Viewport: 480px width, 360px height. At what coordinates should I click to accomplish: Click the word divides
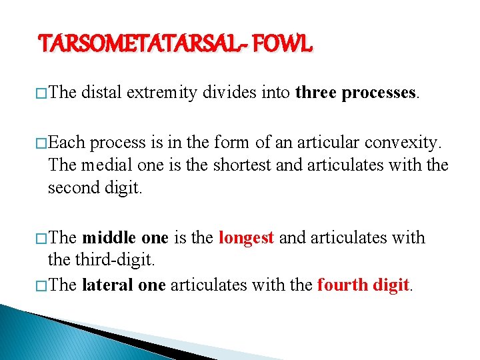point(226,93)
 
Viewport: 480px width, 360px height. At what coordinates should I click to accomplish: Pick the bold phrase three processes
point(356,93)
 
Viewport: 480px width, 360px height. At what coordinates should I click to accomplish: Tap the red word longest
point(246,238)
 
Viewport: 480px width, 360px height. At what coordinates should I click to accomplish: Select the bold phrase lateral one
point(123,285)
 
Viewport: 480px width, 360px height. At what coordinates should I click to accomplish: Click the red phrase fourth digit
point(363,285)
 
